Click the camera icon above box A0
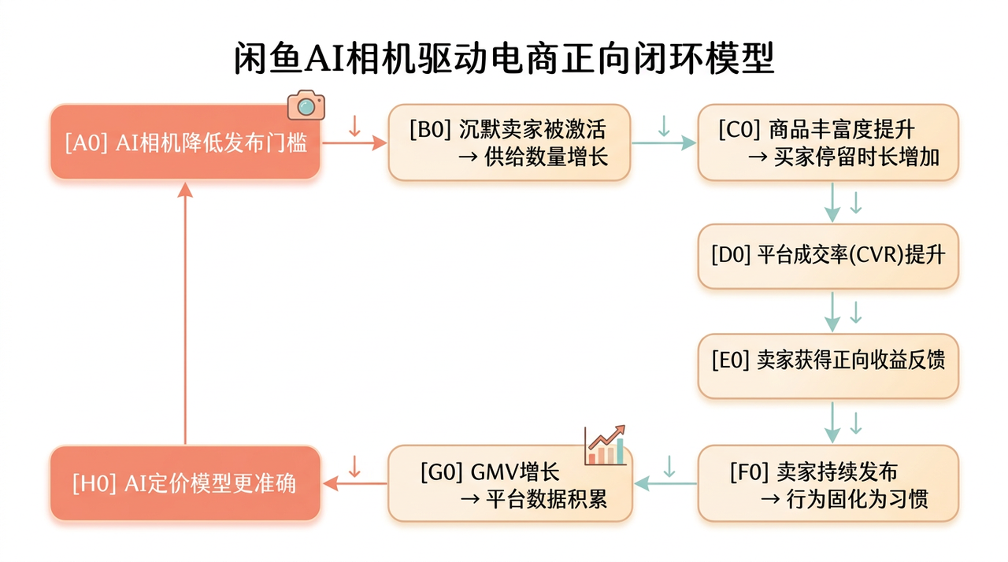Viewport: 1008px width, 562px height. [306, 105]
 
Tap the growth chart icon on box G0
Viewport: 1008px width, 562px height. [606, 446]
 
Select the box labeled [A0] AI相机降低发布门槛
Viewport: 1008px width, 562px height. [185, 142]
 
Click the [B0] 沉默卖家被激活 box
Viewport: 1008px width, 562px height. [509, 142]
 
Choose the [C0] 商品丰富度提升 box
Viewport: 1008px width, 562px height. [828, 142]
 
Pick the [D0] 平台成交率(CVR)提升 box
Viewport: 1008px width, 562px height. [828, 256]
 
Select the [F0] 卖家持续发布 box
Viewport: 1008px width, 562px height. [828, 483]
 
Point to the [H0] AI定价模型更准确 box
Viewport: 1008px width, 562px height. [185, 483]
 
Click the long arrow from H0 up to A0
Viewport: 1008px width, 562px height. [185, 315]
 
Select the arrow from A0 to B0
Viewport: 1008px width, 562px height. [354, 142]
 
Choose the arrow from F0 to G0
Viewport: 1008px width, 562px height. [665, 483]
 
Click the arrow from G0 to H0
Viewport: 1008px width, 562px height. [354, 483]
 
